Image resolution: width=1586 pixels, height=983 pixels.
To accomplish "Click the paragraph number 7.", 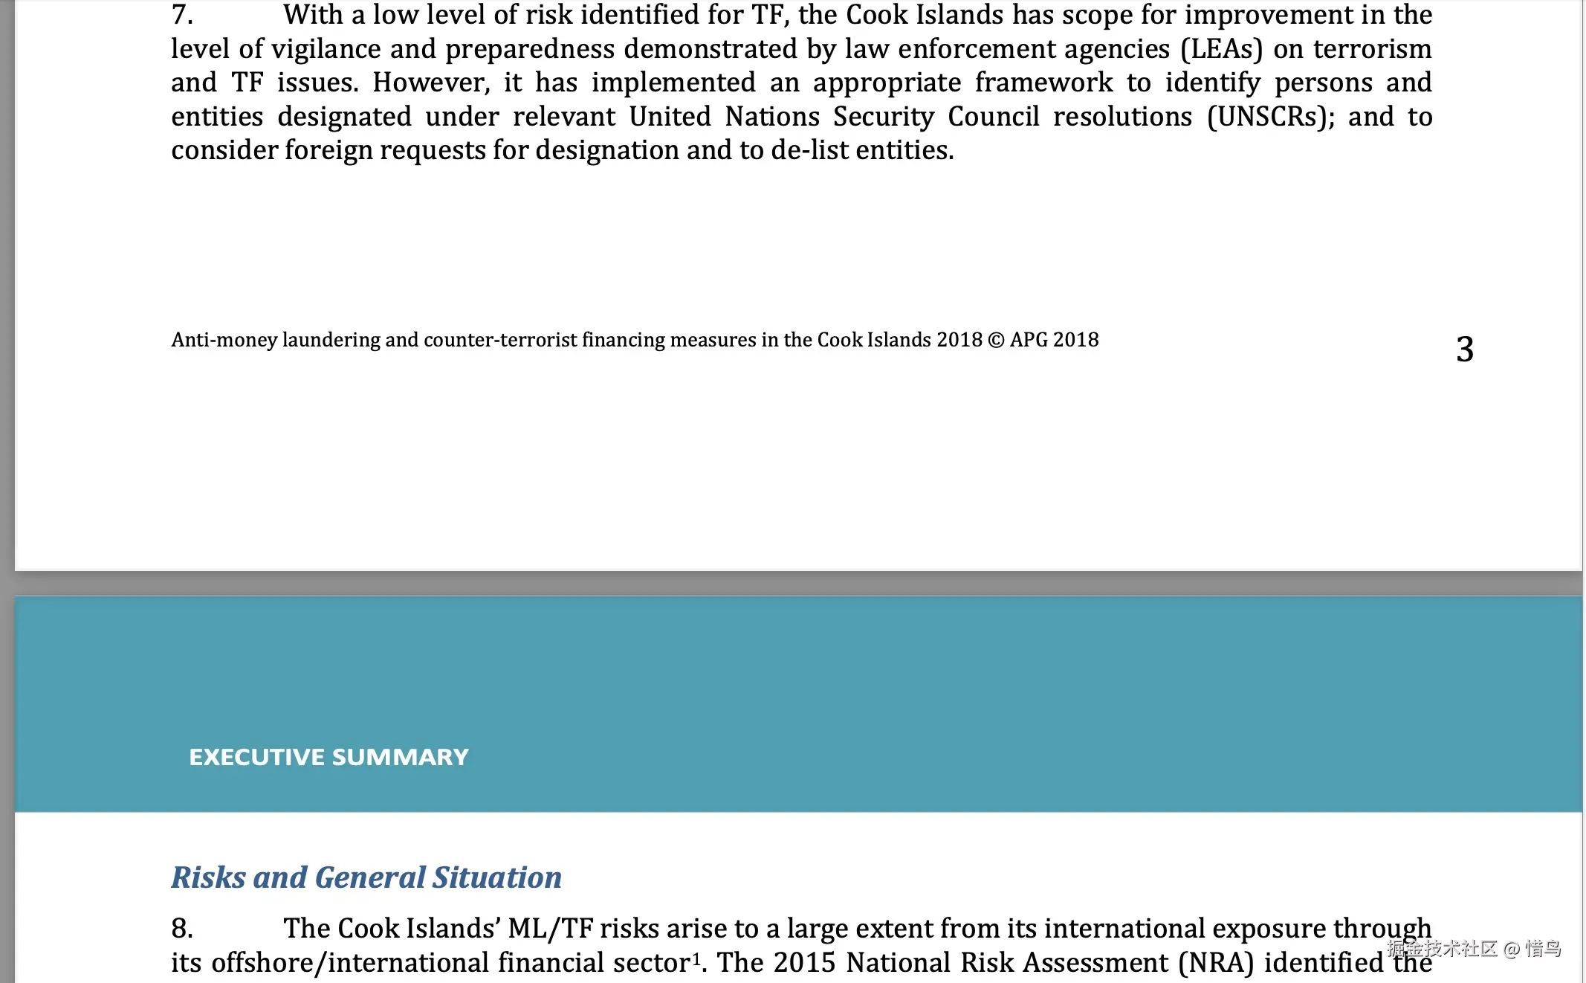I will click(182, 15).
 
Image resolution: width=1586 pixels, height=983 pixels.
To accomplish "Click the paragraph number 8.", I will click(182, 929).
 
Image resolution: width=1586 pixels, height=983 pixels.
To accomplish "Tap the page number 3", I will click(1464, 349).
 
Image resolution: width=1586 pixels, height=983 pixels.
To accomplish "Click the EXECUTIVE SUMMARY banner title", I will click(328, 757).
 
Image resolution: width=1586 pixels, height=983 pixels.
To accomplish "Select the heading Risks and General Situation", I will click(366, 877).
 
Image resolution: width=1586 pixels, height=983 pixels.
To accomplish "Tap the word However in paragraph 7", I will click(431, 83).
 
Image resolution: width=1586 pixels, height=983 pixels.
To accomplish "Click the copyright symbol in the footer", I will click(996, 341).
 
